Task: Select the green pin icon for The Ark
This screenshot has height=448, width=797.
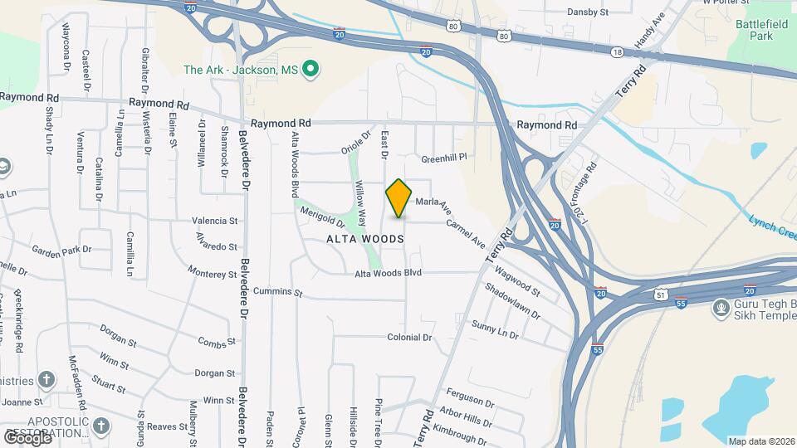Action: (x=310, y=70)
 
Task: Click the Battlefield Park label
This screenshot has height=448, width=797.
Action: (x=760, y=31)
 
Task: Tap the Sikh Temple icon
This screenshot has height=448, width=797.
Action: (x=721, y=309)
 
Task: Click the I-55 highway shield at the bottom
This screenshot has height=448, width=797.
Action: (x=598, y=348)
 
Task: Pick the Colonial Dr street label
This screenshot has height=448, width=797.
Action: (x=410, y=338)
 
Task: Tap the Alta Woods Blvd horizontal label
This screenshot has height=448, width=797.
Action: (x=389, y=273)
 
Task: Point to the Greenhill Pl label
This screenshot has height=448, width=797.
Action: (x=445, y=158)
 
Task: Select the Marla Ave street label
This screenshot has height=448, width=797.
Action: (x=433, y=202)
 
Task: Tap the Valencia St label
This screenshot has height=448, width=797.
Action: (x=215, y=222)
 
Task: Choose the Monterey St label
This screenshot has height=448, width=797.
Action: (x=213, y=273)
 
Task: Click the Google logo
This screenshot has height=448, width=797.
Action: (x=27, y=437)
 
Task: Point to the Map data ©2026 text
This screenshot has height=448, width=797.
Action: (x=761, y=441)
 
